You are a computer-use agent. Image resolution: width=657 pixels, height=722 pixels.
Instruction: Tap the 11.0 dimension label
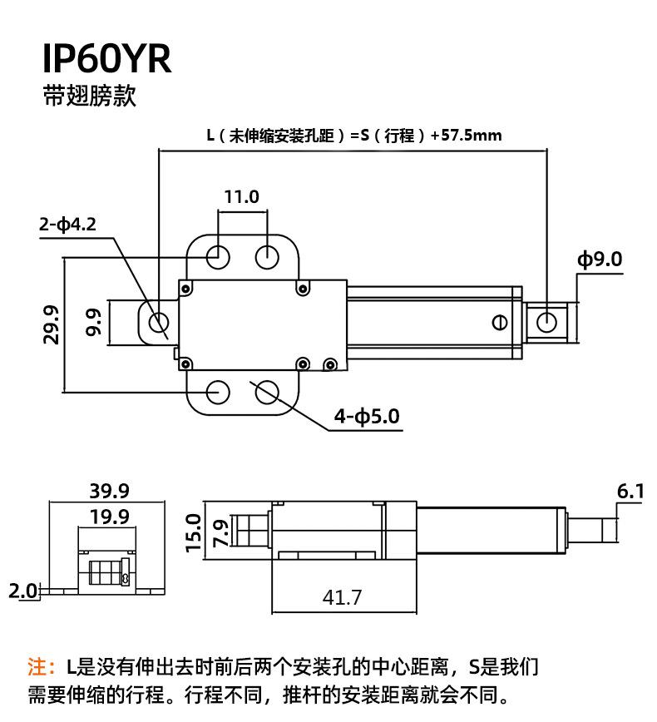click(x=242, y=197)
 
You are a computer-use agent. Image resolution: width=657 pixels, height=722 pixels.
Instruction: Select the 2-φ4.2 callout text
click(x=68, y=225)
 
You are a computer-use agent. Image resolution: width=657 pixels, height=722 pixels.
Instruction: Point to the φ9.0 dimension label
click(x=600, y=260)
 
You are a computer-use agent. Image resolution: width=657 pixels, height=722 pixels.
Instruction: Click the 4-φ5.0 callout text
click(x=367, y=416)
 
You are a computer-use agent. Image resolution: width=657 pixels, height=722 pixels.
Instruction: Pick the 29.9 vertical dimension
click(x=52, y=324)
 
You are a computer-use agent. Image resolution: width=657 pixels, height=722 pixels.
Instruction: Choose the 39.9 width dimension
click(x=110, y=491)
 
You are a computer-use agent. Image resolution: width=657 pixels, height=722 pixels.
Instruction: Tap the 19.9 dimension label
click(x=110, y=517)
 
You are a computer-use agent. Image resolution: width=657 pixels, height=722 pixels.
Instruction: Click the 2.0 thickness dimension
click(x=22, y=591)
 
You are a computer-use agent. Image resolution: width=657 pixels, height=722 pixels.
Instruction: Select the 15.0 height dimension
click(x=193, y=532)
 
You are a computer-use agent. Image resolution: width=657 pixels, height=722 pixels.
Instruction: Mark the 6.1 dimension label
click(x=630, y=492)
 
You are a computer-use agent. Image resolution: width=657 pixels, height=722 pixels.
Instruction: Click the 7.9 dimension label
click(x=220, y=532)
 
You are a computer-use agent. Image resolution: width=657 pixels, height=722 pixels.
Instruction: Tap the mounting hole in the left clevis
click(x=157, y=321)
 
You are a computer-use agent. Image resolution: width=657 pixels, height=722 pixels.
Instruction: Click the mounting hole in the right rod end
click(x=547, y=321)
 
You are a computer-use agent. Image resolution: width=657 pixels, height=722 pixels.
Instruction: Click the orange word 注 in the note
click(x=37, y=666)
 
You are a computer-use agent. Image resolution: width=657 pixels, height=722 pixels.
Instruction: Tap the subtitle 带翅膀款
click(x=89, y=96)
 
